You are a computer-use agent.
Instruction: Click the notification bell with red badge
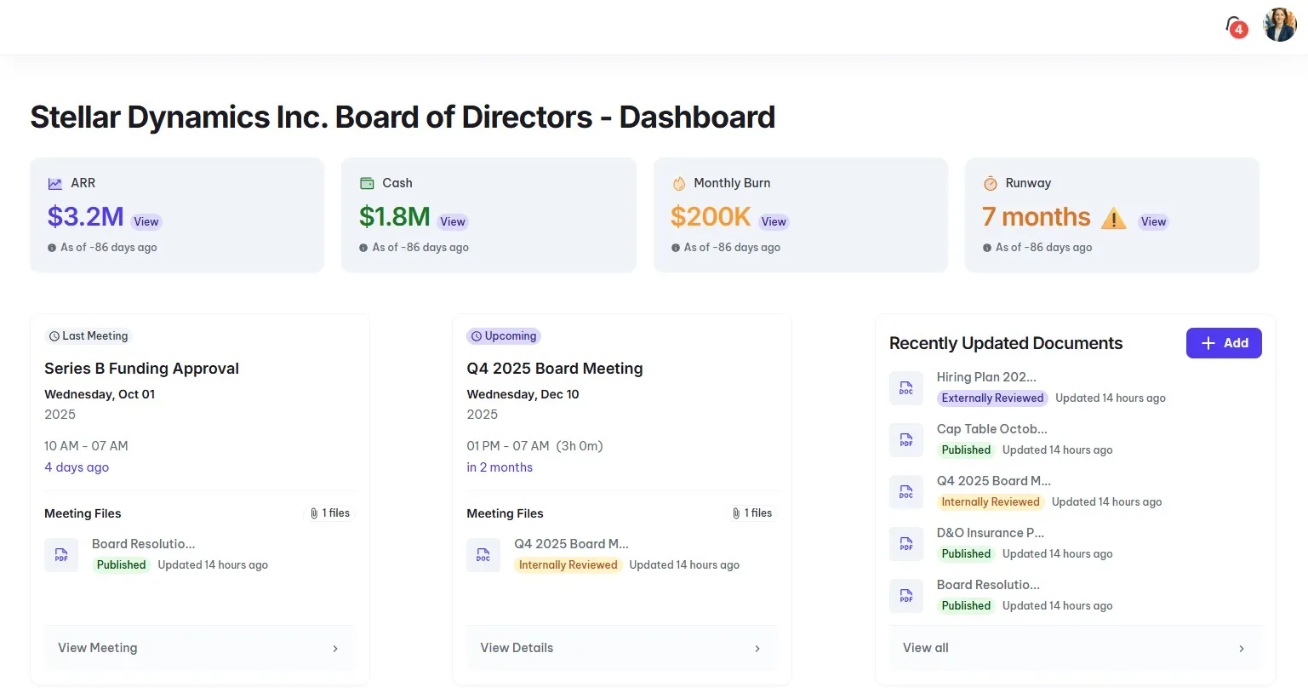(1235, 27)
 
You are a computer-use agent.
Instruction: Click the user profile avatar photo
(1279, 26)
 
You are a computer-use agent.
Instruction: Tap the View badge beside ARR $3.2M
(146, 222)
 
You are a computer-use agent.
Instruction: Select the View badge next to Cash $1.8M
(453, 222)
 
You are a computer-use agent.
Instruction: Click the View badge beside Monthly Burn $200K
(774, 222)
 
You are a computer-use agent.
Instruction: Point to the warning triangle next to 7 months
(1113, 220)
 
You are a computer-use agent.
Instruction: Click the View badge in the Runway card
(1153, 222)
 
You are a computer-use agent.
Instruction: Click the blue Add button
(1224, 343)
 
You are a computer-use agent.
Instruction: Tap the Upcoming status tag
(504, 336)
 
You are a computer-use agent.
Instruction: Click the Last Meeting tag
(89, 336)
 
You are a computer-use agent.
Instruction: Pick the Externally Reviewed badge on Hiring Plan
(992, 398)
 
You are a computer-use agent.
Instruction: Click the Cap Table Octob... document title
(991, 429)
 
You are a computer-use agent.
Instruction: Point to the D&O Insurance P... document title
(990, 533)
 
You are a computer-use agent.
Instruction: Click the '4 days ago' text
(77, 467)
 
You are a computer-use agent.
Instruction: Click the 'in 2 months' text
(500, 467)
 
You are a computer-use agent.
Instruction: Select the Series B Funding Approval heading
(141, 369)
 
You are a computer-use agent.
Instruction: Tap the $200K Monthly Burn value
(711, 217)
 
